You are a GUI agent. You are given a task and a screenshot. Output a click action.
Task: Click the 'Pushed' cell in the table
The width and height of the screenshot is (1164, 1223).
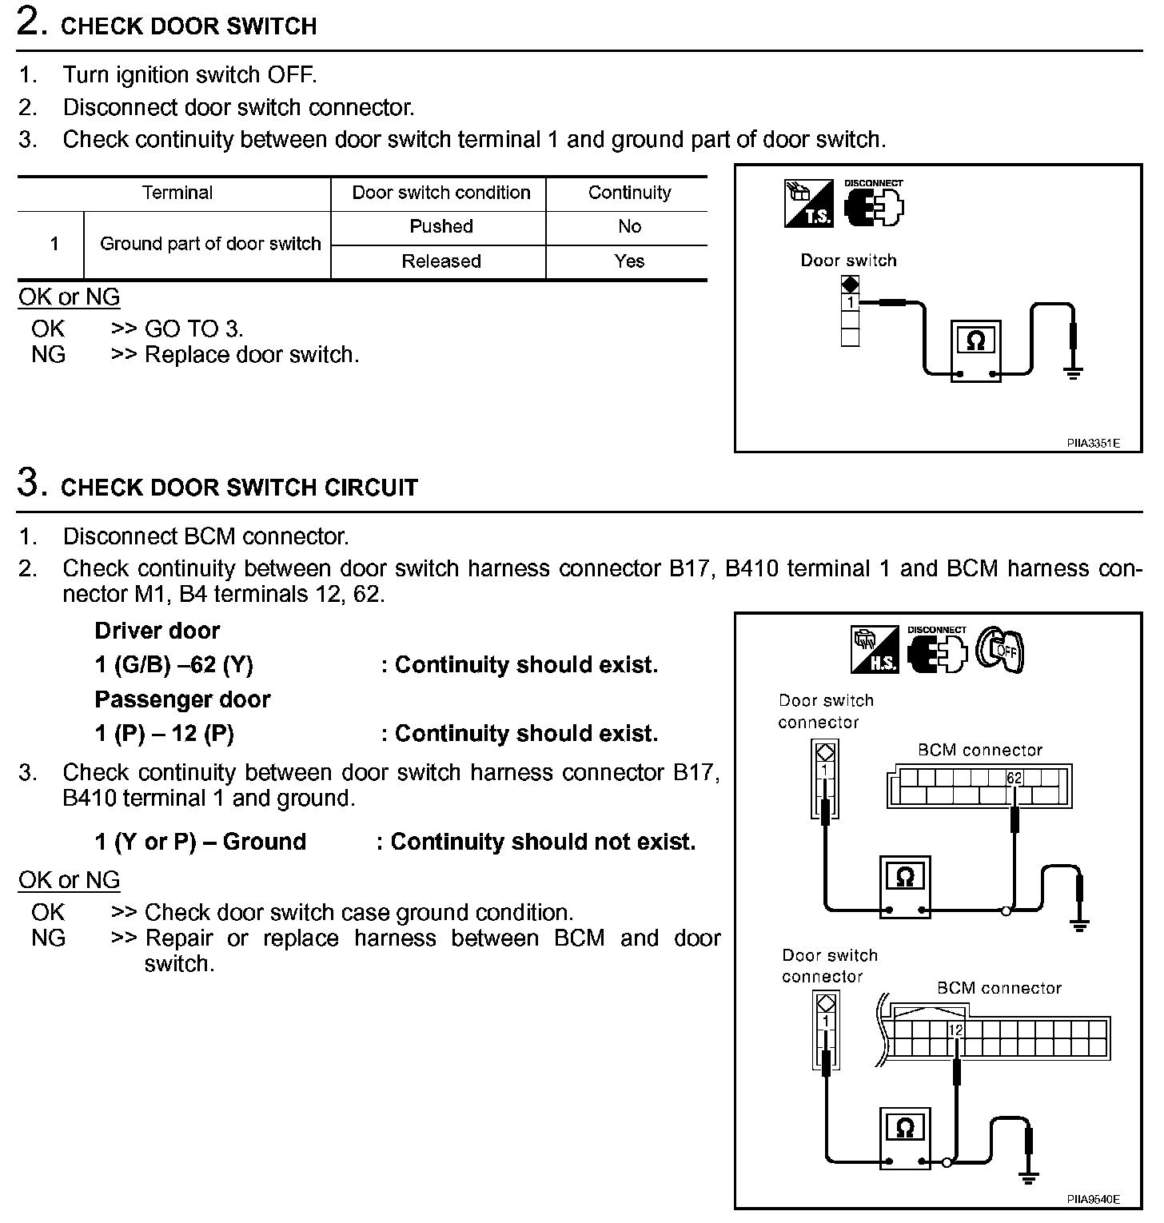point(440,227)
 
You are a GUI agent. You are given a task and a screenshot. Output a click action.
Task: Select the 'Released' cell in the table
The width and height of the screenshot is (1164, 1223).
point(440,261)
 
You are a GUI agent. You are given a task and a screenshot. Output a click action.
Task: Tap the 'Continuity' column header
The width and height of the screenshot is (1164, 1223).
point(629,193)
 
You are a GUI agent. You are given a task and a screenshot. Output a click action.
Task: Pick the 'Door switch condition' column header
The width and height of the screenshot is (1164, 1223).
point(440,193)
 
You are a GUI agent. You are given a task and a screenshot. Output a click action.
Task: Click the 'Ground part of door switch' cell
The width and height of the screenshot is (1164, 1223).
point(210,244)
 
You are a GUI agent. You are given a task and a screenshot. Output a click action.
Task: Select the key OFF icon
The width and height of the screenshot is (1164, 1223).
point(1000,649)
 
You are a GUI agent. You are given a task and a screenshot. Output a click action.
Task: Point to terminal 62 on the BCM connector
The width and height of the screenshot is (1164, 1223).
point(1014,778)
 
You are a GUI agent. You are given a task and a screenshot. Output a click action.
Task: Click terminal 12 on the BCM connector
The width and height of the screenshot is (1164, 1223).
point(956,1030)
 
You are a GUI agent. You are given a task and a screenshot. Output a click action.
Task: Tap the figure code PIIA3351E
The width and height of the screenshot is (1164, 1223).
point(1093,443)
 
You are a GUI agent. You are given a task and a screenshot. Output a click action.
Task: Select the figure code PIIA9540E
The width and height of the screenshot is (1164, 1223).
point(1093,1199)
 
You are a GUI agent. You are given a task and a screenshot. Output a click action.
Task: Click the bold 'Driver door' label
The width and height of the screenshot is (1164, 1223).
point(157,631)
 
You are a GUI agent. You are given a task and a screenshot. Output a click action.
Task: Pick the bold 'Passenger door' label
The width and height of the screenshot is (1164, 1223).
point(182,699)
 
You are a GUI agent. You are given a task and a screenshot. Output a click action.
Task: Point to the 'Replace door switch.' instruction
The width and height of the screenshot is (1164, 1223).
point(252,354)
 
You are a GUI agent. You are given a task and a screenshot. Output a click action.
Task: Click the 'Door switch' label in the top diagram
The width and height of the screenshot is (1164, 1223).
point(848,261)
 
